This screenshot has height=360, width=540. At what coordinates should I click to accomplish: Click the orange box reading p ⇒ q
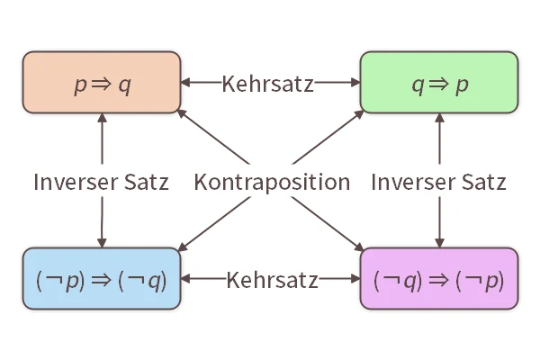coord(101,84)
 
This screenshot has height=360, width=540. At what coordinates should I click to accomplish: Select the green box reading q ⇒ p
coord(439,84)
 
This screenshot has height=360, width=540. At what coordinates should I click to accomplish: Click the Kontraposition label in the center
coord(272,182)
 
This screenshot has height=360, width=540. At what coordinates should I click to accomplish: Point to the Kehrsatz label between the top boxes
coord(267,84)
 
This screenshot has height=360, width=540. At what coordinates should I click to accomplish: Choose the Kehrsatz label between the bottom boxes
coord(272,280)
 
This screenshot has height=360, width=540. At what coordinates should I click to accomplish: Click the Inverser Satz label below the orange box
coord(101,182)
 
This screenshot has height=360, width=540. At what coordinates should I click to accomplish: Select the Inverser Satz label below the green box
coord(439,182)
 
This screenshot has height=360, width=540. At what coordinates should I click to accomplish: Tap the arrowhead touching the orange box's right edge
coord(184,84)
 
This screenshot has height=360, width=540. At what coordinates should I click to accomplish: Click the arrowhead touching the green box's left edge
coord(355,84)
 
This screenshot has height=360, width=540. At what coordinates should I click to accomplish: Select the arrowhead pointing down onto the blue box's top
coord(101,243)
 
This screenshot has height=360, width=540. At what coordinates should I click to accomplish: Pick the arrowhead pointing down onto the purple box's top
coord(439,243)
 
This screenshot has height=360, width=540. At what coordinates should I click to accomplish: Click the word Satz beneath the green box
coord(483,182)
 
